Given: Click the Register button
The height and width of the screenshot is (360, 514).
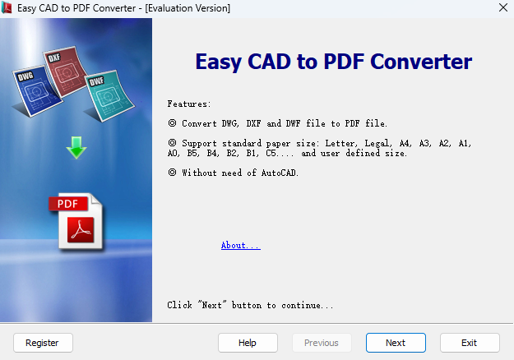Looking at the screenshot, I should tap(42, 343).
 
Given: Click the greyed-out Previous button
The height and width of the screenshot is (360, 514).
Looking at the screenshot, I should tap(322, 343).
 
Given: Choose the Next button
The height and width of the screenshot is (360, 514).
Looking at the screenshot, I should tap(396, 343).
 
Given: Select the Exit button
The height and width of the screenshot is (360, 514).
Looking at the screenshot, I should tap(470, 343).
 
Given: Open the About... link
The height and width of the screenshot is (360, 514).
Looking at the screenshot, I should tap(240, 246).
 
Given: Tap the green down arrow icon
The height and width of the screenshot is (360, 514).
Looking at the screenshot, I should tap(76, 148).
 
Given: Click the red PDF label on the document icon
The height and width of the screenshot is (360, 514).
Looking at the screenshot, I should tap(67, 204).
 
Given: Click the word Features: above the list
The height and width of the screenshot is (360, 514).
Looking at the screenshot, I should tap(189, 104).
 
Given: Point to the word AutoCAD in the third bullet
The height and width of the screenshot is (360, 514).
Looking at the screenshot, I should tap(280, 173).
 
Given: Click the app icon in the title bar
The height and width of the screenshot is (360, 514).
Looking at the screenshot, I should tap(8, 7).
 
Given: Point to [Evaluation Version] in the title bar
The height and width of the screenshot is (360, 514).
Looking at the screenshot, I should tap(188, 7).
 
